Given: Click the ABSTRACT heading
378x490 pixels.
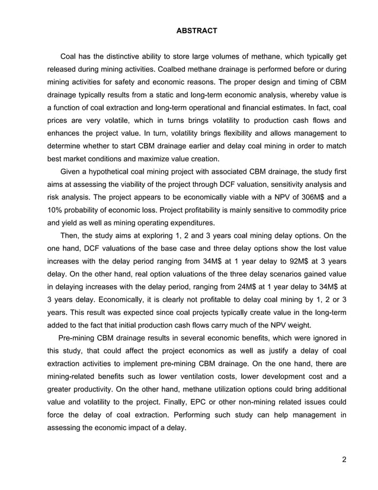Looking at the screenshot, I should [x=188, y=30].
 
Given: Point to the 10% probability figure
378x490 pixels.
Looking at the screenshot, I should [x=55, y=210].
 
